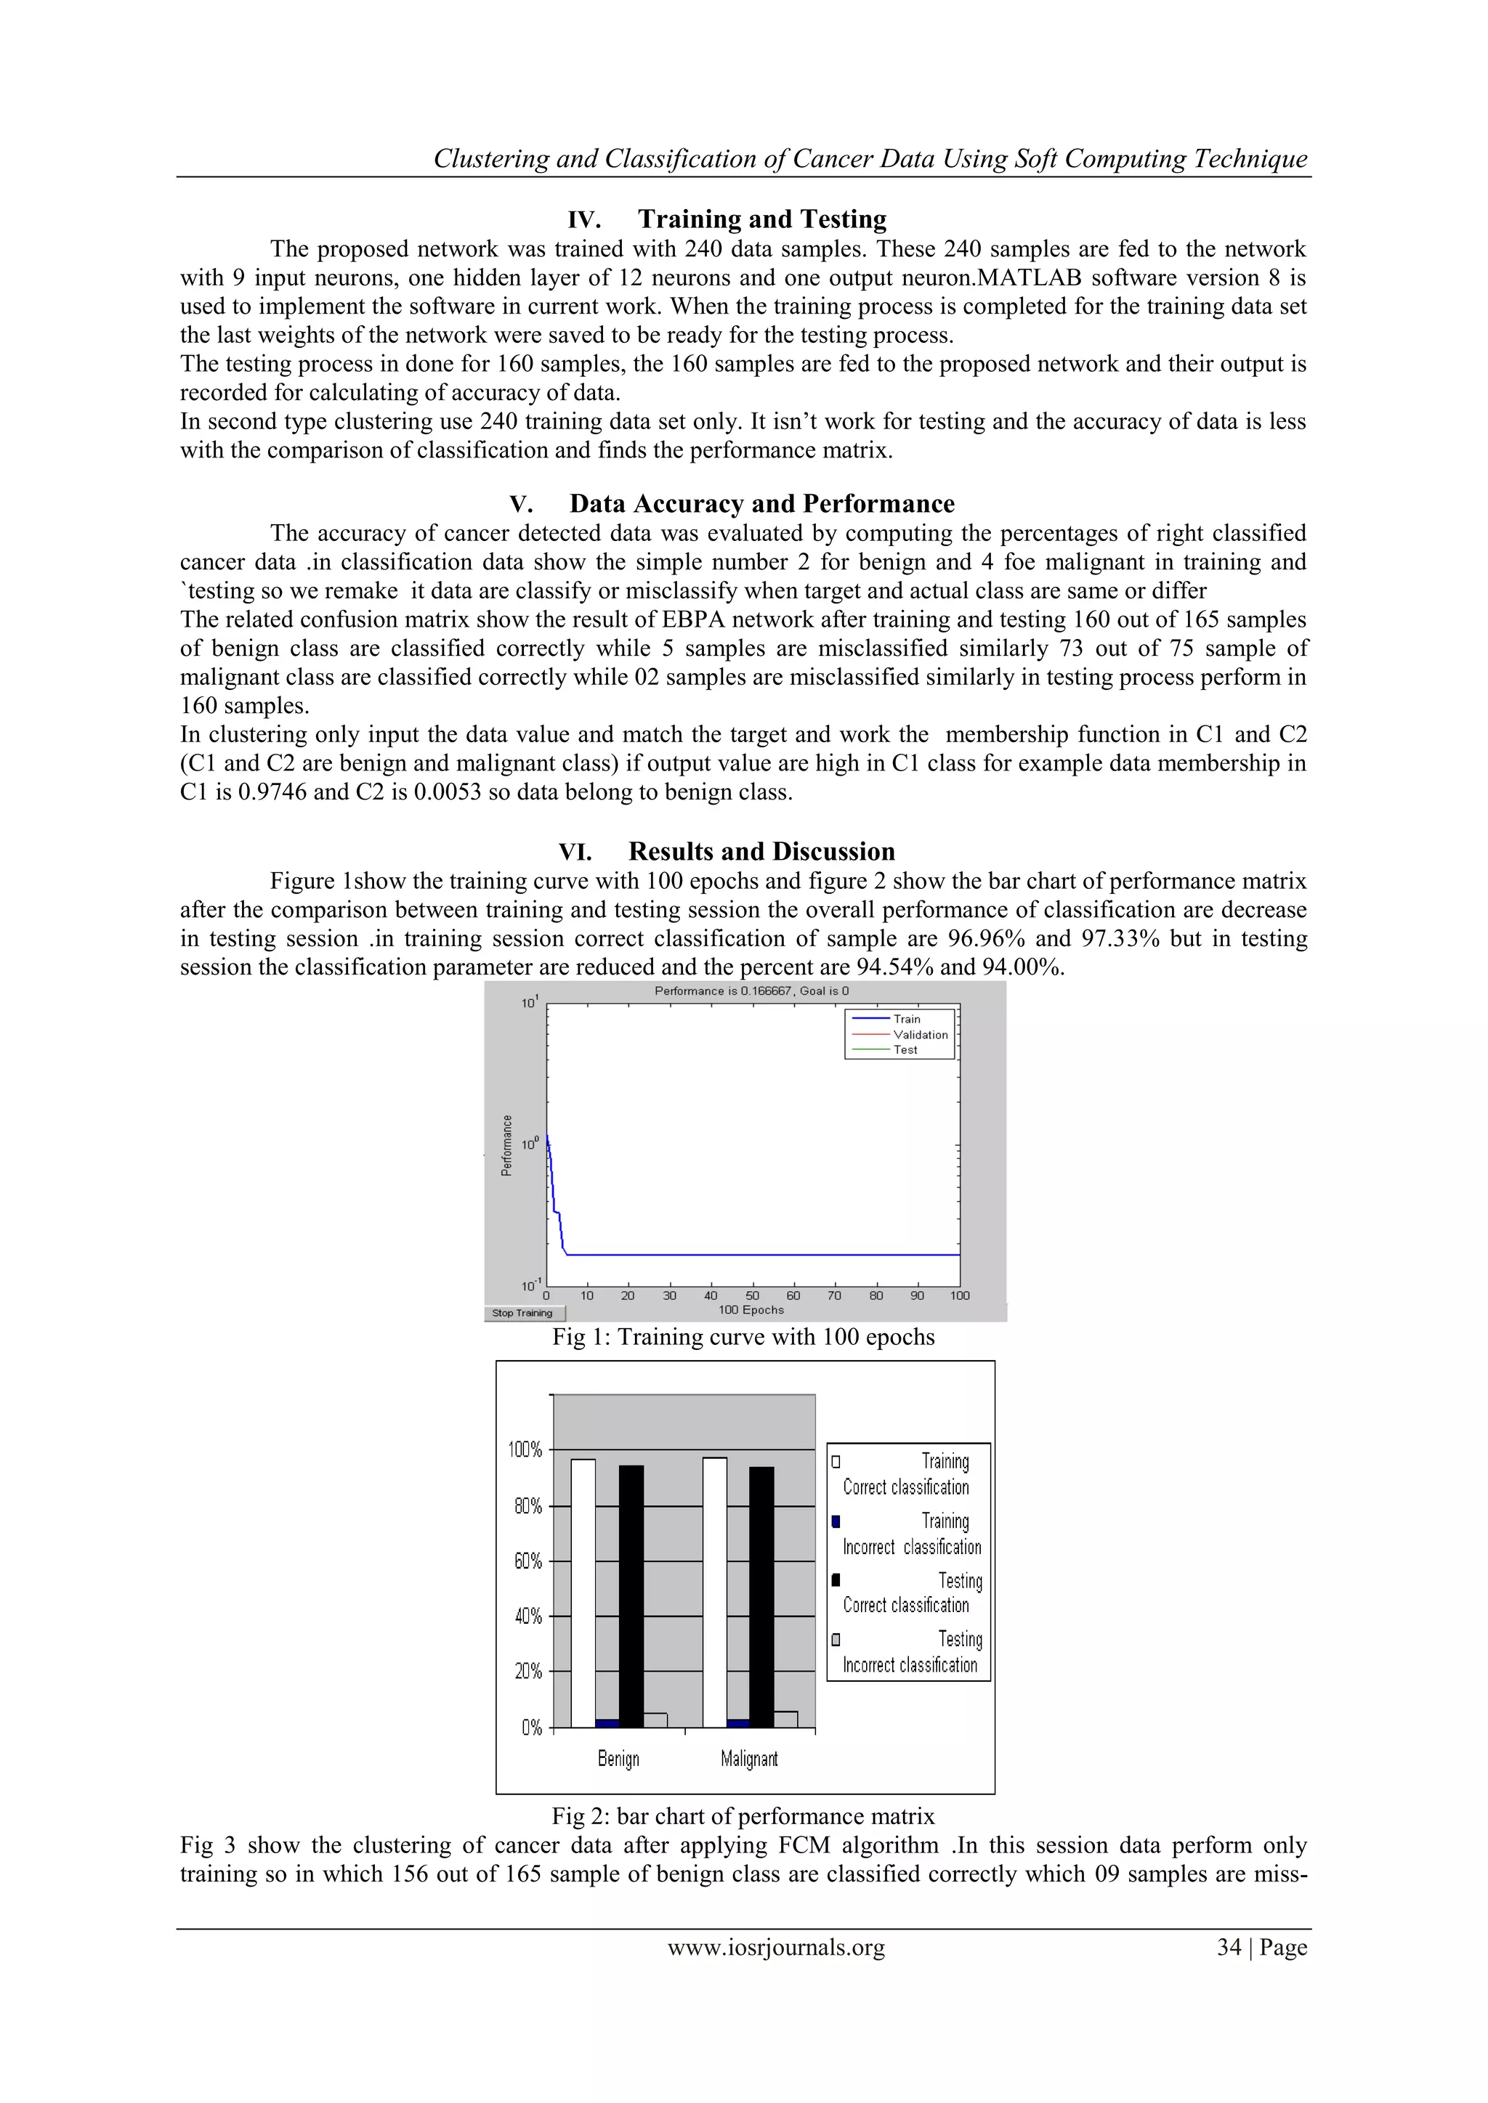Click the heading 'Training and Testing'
click(761, 220)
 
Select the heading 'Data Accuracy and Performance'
click(761, 504)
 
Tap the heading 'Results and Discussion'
click(761, 852)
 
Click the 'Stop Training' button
click(523, 1312)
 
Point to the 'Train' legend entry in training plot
click(905, 1019)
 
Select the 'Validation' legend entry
click(919, 1035)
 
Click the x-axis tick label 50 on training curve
click(752, 1295)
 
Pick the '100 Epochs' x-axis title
click(751, 1310)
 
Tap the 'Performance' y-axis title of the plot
click(506, 1145)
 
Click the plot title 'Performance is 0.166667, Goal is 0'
click(751, 991)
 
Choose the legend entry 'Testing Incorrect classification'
click(909, 1652)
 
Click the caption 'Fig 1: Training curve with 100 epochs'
click(743, 1338)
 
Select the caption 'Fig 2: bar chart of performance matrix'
click(743, 1817)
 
